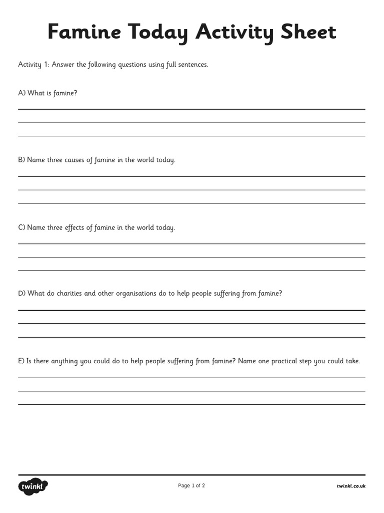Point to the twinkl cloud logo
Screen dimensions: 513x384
[33, 486]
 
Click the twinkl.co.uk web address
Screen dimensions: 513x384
[351, 486]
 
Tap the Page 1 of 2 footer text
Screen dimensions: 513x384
[191, 485]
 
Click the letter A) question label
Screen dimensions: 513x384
[22, 93]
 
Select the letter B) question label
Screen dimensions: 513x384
[22, 160]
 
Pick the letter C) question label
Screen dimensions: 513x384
[22, 227]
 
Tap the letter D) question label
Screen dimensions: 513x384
[22, 294]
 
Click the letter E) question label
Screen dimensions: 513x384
[21, 361]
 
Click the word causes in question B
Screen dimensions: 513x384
[75, 160]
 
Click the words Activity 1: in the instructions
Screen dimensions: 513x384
[33, 65]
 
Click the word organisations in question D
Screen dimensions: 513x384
[136, 294]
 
